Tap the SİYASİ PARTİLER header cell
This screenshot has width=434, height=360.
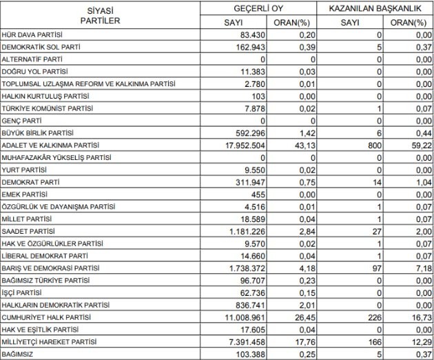tap(101, 15)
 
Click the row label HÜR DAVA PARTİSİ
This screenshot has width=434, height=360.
tap(32, 34)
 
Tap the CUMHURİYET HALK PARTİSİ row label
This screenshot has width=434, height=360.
tap(45, 317)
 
